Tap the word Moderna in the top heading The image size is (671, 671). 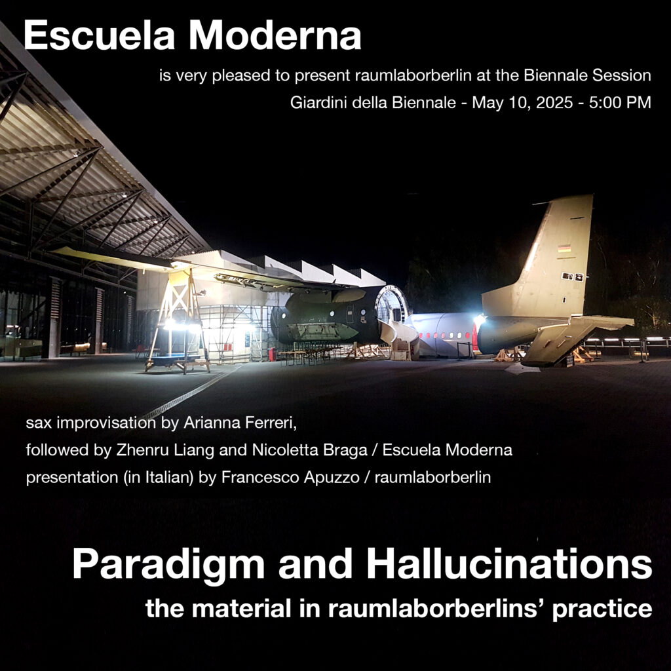(x=275, y=35)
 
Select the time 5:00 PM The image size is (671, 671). (x=620, y=102)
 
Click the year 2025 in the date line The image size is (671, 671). (x=554, y=102)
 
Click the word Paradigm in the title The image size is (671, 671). (x=168, y=565)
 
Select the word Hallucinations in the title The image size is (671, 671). (x=509, y=564)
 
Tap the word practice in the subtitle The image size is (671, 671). (x=602, y=609)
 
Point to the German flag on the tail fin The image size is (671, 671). (x=564, y=248)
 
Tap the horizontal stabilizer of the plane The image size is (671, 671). (x=573, y=338)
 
